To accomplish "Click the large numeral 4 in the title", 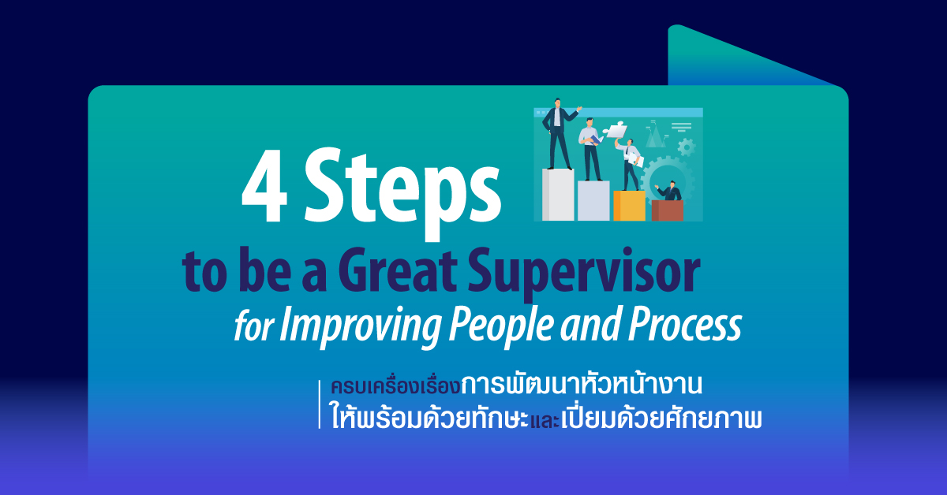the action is click(x=265, y=186).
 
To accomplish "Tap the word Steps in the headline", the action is click(x=402, y=194).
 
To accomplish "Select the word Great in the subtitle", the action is click(x=398, y=270).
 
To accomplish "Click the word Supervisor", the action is click(x=584, y=274).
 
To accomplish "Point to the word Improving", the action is click(x=360, y=326).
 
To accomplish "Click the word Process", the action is click(x=685, y=325).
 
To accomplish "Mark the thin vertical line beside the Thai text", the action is click(x=320, y=404).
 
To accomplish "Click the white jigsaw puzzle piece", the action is click(x=616, y=129).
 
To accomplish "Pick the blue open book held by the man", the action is click(x=597, y=140).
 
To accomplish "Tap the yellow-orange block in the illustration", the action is click(x=629, y=206).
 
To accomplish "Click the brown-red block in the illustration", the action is click(x=667, y=210).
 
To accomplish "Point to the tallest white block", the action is click(x=558, y=195).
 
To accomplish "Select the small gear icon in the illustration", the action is click(x=686, y=147).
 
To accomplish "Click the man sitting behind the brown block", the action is click(x=669, y=191).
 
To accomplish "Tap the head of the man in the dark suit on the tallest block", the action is click(x=557, y=102).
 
